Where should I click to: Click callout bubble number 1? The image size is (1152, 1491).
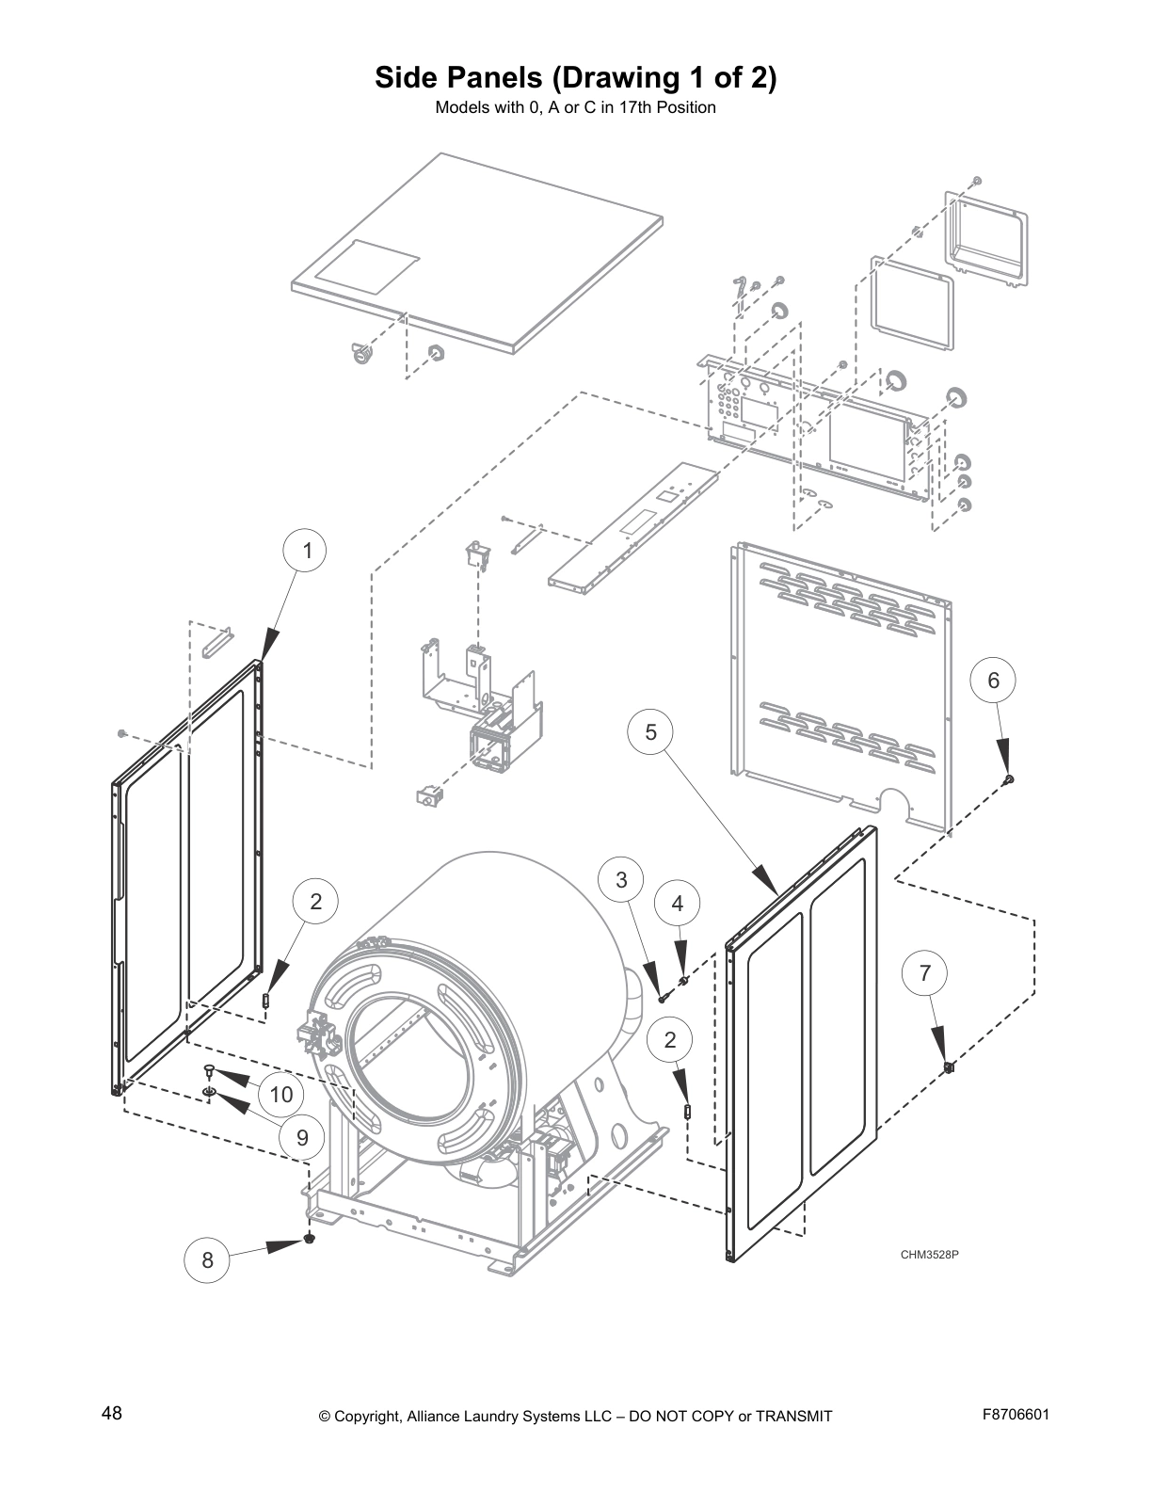tap(307, 551)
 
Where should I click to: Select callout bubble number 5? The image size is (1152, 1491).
tap(650, 731)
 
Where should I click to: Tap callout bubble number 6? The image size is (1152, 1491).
tap(993, 681)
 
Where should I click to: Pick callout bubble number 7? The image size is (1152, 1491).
tap(925, 973)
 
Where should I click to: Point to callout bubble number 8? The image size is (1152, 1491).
tap(208, 1259)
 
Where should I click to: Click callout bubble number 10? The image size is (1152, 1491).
tap(281, 1094)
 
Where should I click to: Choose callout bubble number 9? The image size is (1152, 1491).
tap(302, 1137)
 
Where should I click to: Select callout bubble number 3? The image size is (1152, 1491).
tap(621, 880)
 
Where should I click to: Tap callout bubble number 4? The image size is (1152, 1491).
tap(678, 904)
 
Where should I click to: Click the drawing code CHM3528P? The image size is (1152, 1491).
tap(928, 1255)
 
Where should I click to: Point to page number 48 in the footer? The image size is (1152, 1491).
tap(111, 1413)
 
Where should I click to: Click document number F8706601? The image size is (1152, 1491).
tap(1015, 1414)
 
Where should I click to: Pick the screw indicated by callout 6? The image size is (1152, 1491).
tap(1010, 778)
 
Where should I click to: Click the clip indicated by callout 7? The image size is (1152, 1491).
tap(949, 1066)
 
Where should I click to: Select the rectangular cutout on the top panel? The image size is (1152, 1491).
tap(367, 265)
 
